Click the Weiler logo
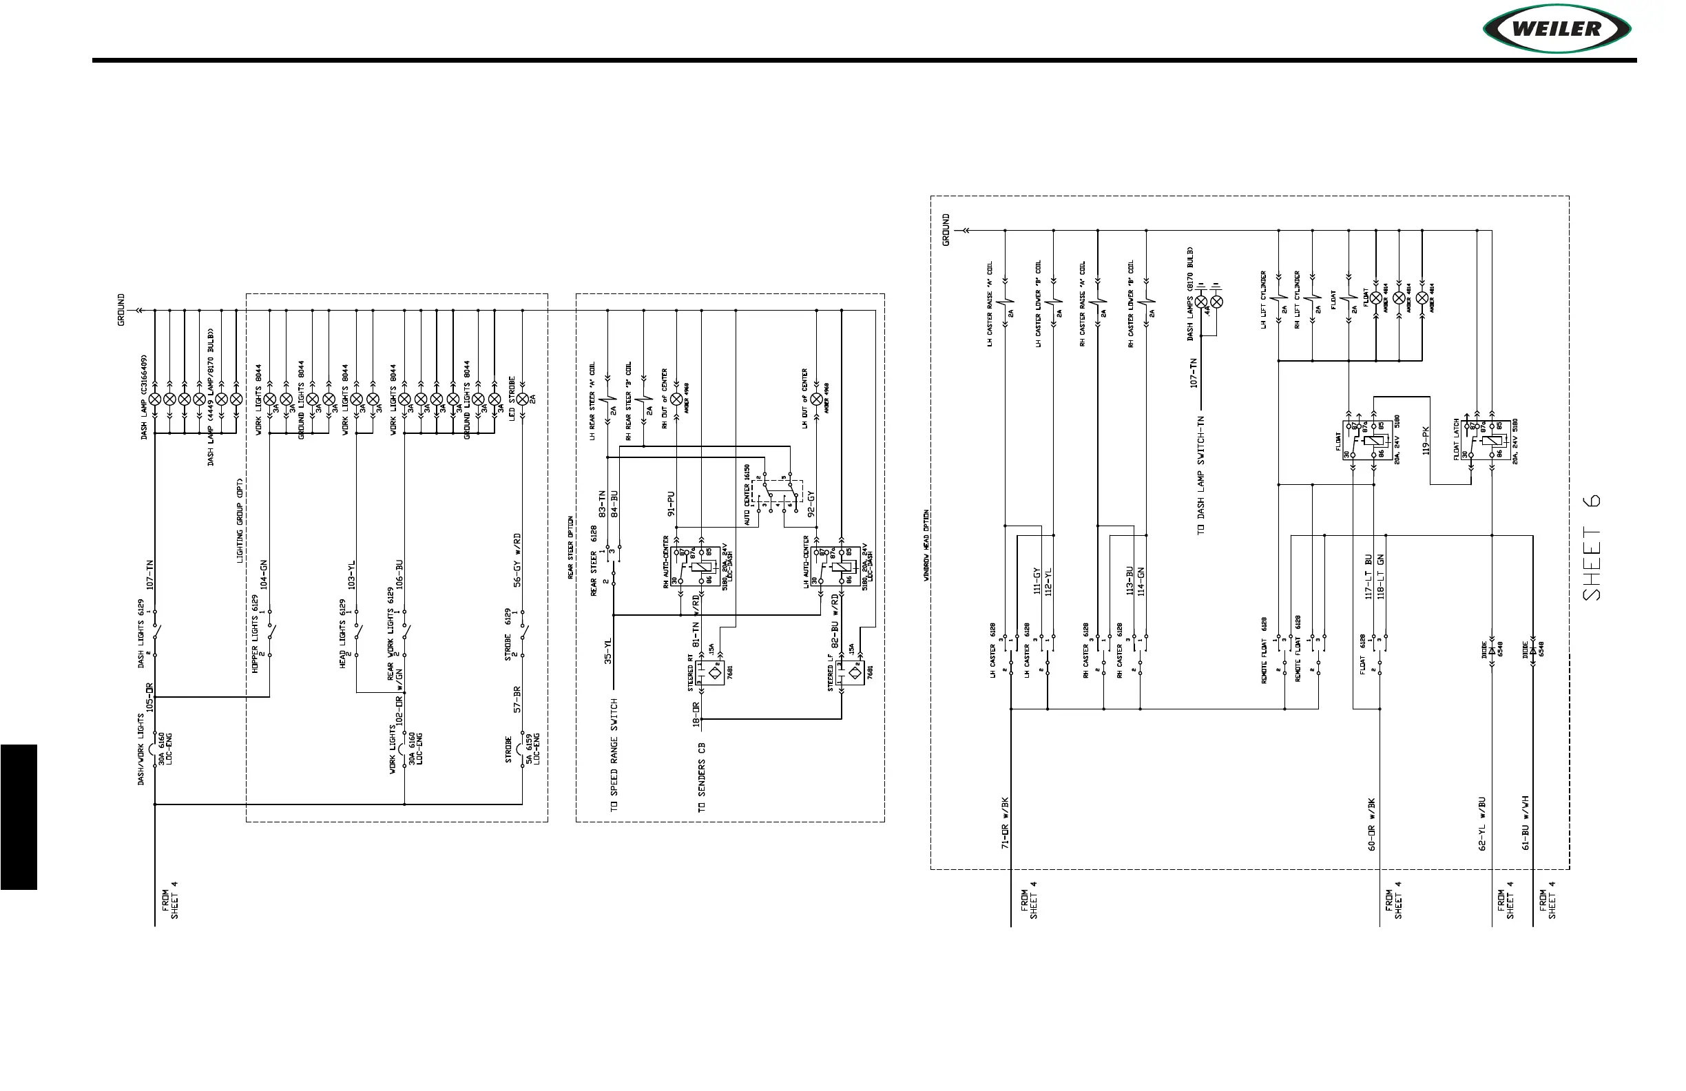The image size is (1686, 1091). pyautogui.click(x=1557, y=29)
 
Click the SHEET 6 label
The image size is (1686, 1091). pyautogui.click(x=1591, y=548)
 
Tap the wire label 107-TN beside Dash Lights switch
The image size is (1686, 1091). pyautogui.click(x=149, y=574)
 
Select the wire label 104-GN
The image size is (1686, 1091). pyautogui.click(x=264, y=574)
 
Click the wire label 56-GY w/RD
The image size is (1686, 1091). pyautogui.click(x=517, y=560)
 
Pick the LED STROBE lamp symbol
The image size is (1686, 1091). pyautogui.click(x=523, y=399)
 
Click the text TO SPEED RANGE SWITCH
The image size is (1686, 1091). pyautogui.click(x=614, y=755)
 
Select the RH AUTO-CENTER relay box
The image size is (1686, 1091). pyautogui.click(x=695, y=565)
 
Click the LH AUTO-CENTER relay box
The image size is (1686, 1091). pyautogui.click(x=836, y=565)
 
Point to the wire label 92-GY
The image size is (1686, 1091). pyautogui.click(x=812, y=505)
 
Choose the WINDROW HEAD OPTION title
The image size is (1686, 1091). pyautogui.click(x=926, y=545)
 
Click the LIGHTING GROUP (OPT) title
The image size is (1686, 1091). pyautogui.click(x=240, y=521)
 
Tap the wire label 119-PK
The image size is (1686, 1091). pyautogui.click(x=1425, y=440)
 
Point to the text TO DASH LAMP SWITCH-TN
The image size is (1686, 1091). pyautogui.click(x=1200, y=475)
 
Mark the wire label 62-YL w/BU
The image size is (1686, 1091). pyautogui.click(x=1482, y=824)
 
